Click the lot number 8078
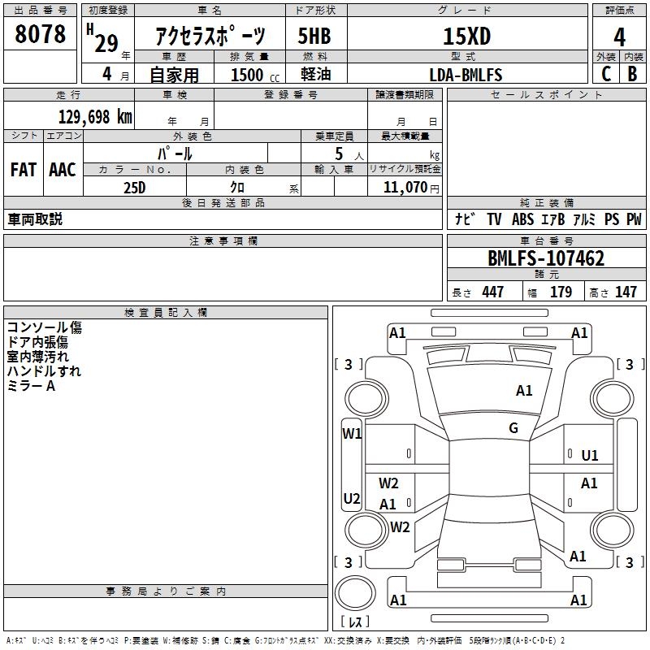41,35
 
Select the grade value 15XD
466,37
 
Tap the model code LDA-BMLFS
466,75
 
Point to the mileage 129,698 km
95,116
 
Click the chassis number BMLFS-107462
546,258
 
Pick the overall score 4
620,37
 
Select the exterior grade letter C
606,75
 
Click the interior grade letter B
633,75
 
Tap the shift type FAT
23,169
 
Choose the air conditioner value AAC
63,169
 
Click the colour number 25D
134,188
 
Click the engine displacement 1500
247,75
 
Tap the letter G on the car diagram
513,428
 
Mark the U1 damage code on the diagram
590,456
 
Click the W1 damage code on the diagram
352,433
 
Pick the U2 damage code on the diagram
352,498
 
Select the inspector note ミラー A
31,386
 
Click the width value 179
561,292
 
